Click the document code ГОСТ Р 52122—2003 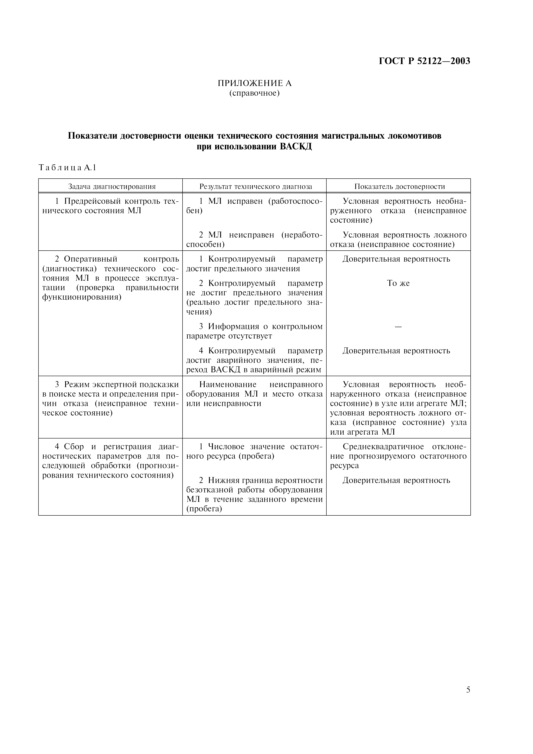424,61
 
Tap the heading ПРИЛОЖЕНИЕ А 255,83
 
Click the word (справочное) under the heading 255,93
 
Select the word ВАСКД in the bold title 296,147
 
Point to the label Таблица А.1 67,168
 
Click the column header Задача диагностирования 112,187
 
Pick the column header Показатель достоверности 399,187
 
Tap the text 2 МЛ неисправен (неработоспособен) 255,239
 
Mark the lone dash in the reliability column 398,327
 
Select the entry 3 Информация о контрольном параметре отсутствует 255,331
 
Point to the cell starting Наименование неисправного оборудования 255,394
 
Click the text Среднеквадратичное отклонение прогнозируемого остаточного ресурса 398,456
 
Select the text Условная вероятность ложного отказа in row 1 398,239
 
